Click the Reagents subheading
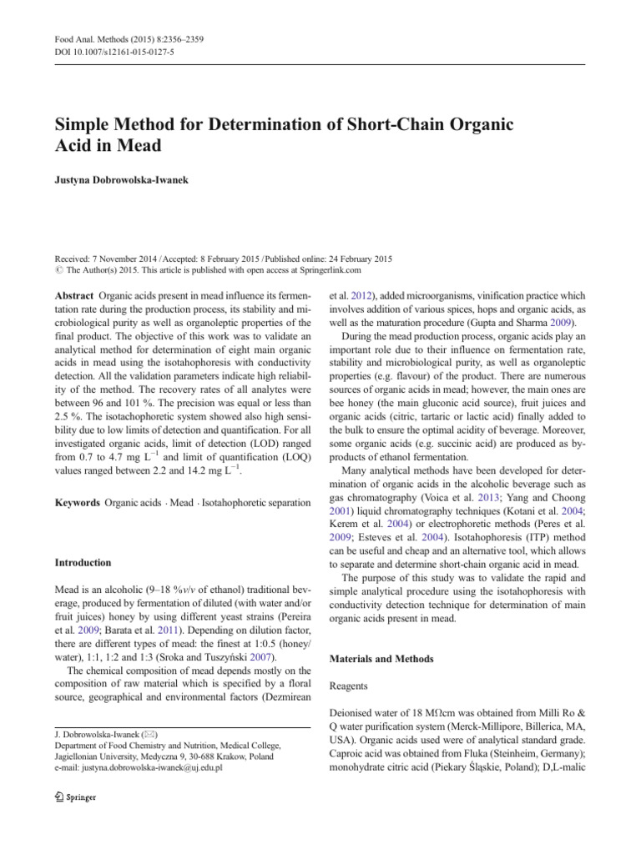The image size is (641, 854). point(351,689)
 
